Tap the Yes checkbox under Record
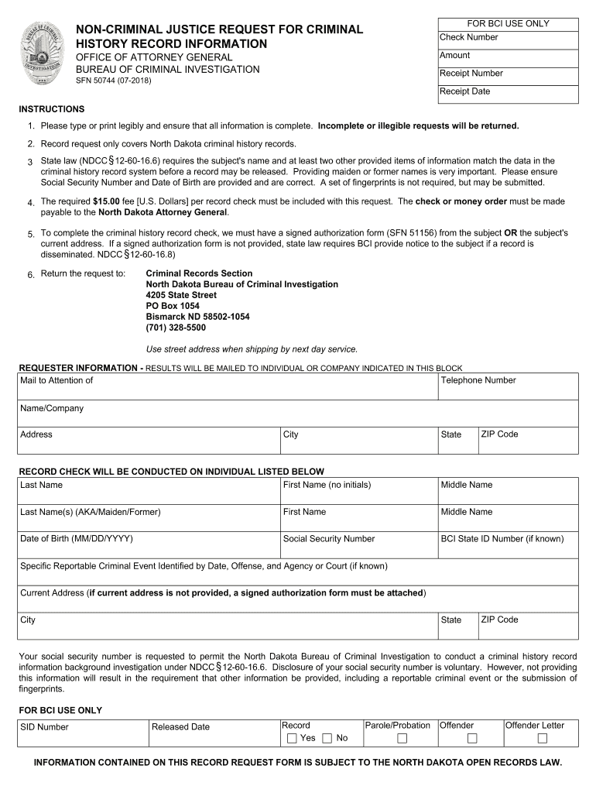[292, 738]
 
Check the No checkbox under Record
[327, 738]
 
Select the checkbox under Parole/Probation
[402, 738]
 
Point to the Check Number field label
[468, 37]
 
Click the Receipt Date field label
[464, 91]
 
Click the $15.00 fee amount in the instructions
[105, 201]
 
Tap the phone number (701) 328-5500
[176, 328]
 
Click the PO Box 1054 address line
[173, 306]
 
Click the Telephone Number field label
[478, 380]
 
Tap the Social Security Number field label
[328, 539]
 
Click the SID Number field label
[44, 727]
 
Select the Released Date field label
[180, 727]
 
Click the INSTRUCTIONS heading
[52, 109]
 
